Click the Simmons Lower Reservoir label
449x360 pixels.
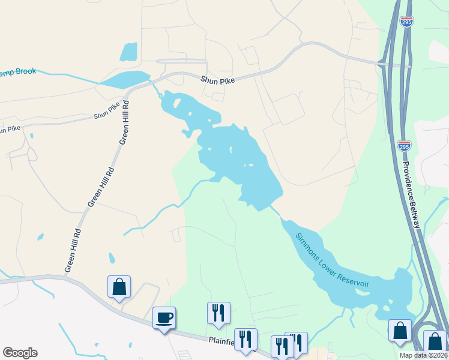[332, 258]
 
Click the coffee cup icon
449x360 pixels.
[163, 317]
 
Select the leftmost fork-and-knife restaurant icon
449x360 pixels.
[218, 313]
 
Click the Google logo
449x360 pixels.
[20, 353]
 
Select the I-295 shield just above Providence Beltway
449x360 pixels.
[404, 146]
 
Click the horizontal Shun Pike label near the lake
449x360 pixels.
[217, 79]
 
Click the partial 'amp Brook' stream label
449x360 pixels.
[18, 72]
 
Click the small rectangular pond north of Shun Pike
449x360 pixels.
[128, 52]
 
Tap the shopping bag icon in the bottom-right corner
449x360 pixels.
[435, 341]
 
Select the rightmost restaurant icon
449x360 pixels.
[296, 343]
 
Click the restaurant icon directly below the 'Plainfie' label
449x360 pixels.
[245, 339]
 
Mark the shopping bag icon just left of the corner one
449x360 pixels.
[400, 331]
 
